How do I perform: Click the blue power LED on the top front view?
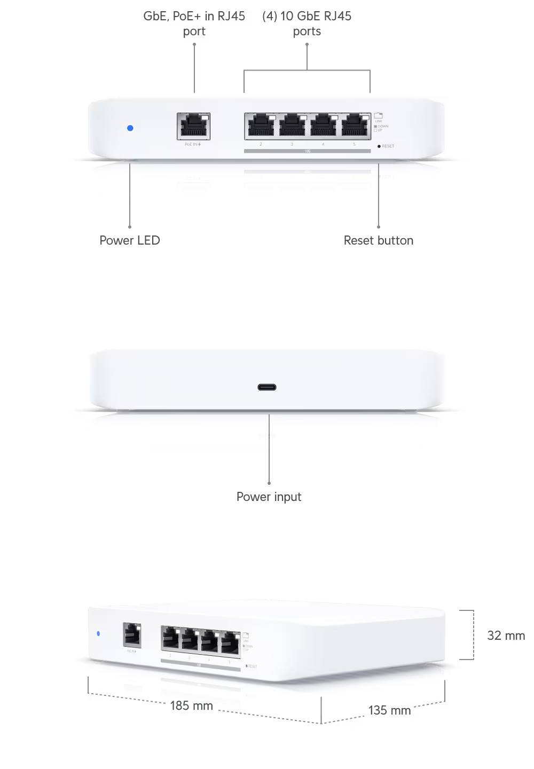pos(130,128)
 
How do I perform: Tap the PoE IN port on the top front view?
pos(193,126)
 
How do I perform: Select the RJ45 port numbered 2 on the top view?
pos(261,126)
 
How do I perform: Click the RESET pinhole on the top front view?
pos(379,146)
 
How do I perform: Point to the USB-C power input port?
pos(267,387)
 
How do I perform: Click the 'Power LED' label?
pos(130,240)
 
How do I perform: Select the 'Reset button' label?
pos(378,240)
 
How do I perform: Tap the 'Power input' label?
pos(269,497)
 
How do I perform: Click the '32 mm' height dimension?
pos(506,635)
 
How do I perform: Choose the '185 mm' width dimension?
pos(191,705)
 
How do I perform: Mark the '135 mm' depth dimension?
pos(389,710)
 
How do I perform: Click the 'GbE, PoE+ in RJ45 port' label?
pos(194,23)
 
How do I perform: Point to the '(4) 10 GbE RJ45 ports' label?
pos(307,23)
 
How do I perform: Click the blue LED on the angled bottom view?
pos(98,634)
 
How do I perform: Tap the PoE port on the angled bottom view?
pos(132,635)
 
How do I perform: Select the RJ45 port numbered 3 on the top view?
pos(292,126)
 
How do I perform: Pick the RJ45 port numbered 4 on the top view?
pos(323,126)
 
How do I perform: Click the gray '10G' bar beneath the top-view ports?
pos(307,151)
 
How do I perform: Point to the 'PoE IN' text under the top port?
pos(192,144)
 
